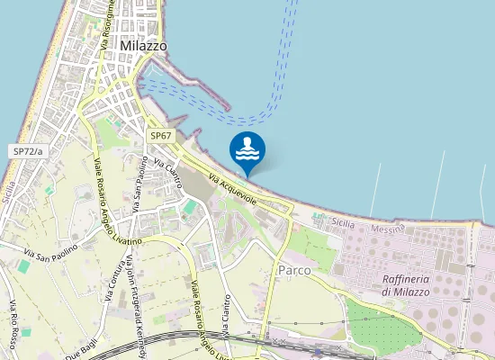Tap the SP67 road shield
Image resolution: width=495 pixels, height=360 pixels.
[x=161, y=135]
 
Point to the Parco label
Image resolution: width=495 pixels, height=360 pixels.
[x=295, y=270]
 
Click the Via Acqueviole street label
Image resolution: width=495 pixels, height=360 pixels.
[x=233, y=188]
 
